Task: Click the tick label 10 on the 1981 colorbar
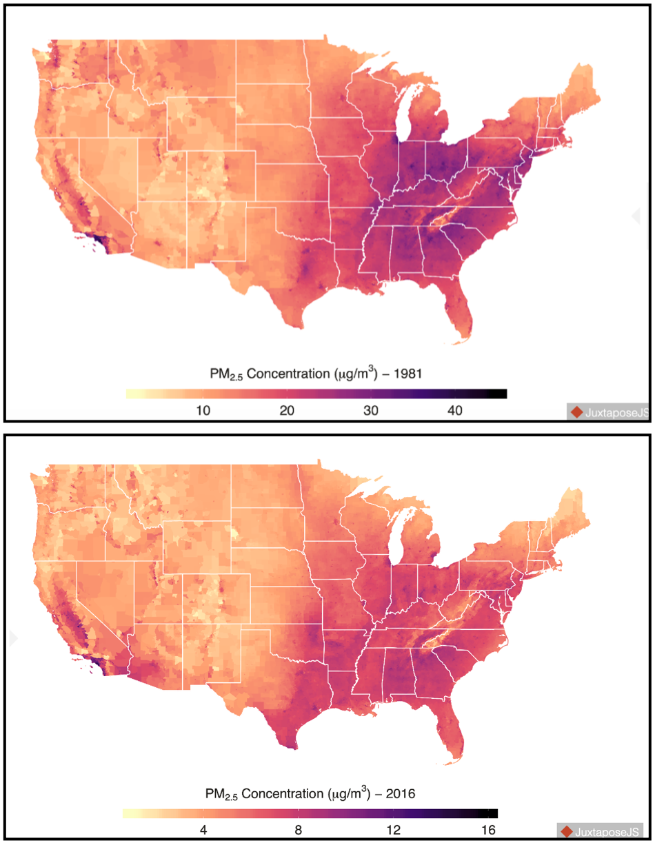[203, 411]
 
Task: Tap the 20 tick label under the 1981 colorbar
[287, 411]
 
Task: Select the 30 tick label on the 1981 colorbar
[371, 411]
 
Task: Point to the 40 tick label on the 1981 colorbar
[454, 411]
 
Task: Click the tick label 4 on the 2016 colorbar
[203, 831]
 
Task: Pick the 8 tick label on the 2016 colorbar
[299, 831]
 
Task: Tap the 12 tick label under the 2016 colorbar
[393, 831]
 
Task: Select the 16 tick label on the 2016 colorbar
[488, 831]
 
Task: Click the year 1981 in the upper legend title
[407, 374]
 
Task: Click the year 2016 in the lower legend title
[401, 794]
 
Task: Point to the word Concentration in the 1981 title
[288, 374]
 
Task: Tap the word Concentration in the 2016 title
[283, 794]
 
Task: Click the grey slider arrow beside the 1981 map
[636, 216]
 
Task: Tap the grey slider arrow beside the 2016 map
[14, 638]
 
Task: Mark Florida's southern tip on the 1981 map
[456, 344]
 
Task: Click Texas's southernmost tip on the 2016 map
[294, 748]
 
